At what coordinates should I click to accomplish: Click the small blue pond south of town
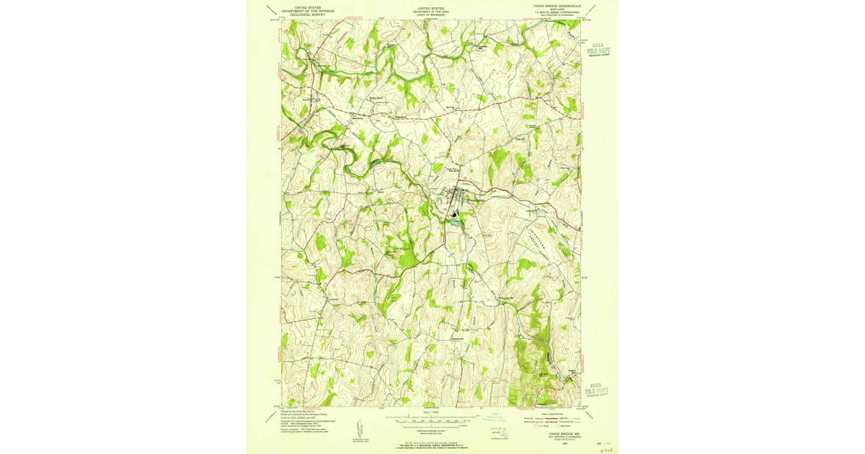(454, 223)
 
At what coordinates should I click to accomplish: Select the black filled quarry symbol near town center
(453, 214)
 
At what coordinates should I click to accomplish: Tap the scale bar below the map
(431, 418)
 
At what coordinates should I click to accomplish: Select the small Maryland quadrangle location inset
(499, 432)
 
